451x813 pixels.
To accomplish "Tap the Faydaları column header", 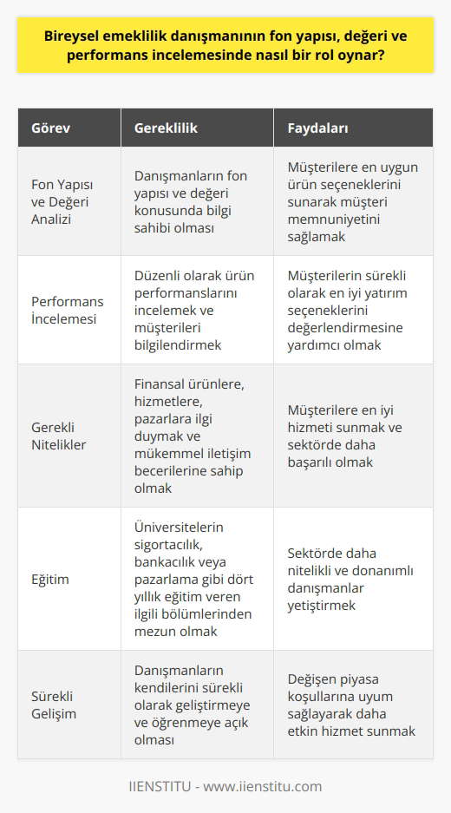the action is point(318,128).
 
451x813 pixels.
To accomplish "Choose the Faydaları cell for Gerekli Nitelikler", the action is point(347,435).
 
